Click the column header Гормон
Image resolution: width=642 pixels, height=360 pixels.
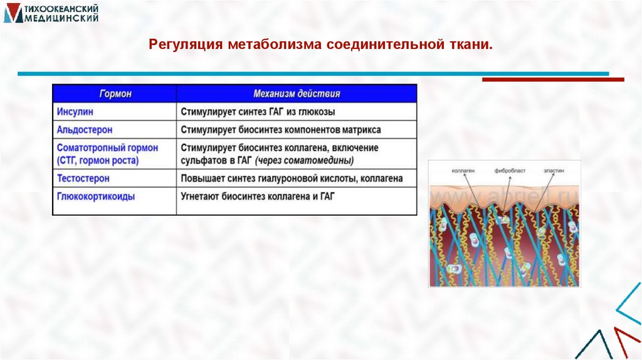click(115, 94)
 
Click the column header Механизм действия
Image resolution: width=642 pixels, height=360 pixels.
click(297, 94)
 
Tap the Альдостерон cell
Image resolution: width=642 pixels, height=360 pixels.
click(85, 130)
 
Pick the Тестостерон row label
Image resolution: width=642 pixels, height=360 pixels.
click(83, 179)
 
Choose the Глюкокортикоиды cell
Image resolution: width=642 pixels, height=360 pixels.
click(96, 196)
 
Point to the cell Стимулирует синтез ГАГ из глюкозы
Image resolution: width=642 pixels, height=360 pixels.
click(258, 112)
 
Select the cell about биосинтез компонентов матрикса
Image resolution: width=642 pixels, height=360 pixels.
click(281, 130)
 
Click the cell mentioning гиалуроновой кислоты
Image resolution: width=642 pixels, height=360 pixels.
click(292, 179)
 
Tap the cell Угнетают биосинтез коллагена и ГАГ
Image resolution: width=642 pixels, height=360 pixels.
click(258, 196)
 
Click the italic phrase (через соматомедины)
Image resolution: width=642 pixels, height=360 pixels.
click(313, 161)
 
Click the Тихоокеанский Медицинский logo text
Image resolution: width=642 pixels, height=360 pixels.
click(60, 13)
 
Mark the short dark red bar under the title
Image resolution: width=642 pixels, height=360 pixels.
click(553, 80)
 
